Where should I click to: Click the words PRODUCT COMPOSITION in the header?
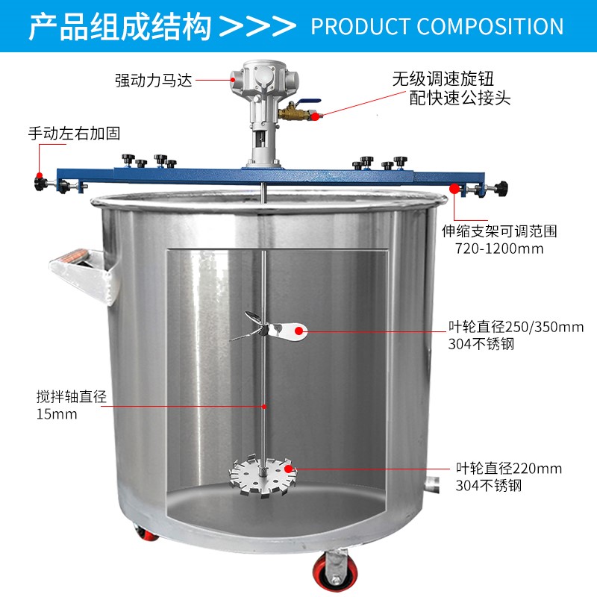pyautogui.click(x=437, y=27)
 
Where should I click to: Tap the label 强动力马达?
pyautogui.click(x=154, y=80)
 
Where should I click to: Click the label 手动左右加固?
pyautogui.click(x=74, y=134)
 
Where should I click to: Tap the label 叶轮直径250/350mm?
pyautogui.click(x=514, y=327)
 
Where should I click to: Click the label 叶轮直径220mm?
pyautogui.click(x=508, y=469)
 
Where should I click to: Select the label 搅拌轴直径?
pyautogui.click(x=72, y=397)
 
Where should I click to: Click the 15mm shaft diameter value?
pyautogui.click(x=57, y=414)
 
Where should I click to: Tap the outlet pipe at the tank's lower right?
pyautogui.click(x=433, y=484)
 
